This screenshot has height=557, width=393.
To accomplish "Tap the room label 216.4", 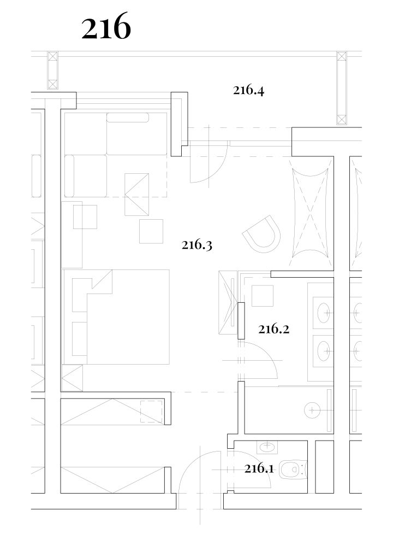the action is (x=249, y=91).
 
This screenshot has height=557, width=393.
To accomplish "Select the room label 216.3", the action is (x=197, y=245).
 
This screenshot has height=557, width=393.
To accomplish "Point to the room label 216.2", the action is (x=273, y=329).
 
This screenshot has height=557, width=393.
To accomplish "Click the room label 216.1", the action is (x=259, y=468).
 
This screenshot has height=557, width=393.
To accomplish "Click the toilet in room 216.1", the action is (x=293, y=469).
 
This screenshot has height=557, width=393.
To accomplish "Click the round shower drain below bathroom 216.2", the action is (x=312, y=410).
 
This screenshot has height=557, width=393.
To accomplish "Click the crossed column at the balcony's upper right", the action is (x=341, y=88).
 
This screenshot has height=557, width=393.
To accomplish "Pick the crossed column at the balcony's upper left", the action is (x=53, y=71).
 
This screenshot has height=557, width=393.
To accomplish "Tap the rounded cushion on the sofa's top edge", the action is (x=128, y=118).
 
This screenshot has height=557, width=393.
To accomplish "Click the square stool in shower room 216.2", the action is (x=263, y=296).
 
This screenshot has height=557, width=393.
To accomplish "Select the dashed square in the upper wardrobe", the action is (x=151, y=412).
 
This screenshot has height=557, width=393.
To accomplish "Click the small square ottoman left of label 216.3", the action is (x=151, y=231).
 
